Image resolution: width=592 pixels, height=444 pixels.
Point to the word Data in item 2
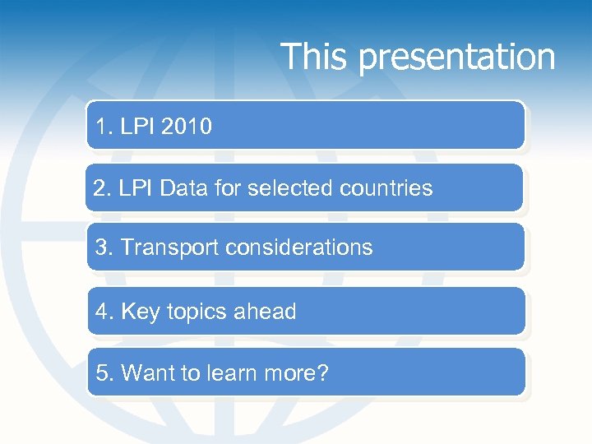[185, 188]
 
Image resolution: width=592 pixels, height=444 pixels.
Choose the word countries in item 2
[385, 188]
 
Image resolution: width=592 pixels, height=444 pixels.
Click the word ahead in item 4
[265, 312]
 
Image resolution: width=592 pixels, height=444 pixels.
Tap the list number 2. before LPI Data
[103, 188]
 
